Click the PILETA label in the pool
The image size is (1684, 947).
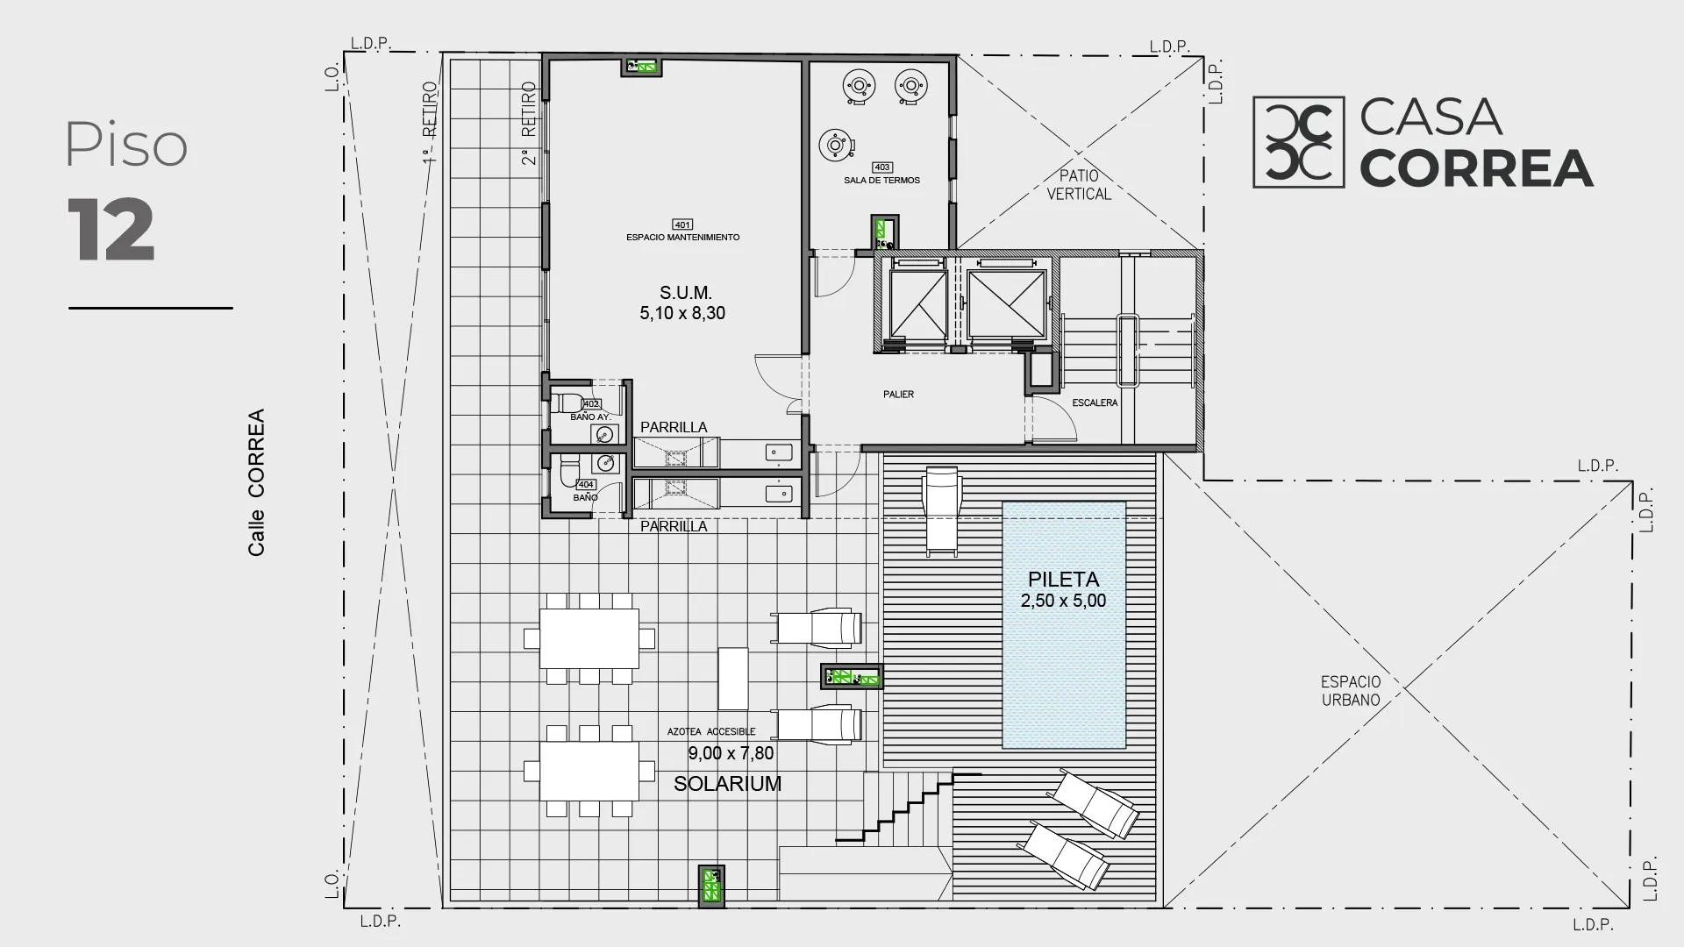coord(1063,580)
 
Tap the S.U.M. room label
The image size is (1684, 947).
coord(686,293)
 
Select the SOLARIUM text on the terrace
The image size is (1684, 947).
coord(727,784)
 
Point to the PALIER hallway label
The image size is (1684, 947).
coord(898,395)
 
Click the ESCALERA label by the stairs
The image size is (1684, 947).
coord(1095,403)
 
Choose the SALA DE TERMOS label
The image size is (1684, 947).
coord(881,181)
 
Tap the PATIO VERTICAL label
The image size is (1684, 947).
coord(1079,185)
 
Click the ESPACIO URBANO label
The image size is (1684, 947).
coord(1351,691)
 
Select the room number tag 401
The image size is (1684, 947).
coord(682,224)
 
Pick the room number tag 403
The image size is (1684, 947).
coord(882,167)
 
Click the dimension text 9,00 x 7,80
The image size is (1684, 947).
coord(731,753)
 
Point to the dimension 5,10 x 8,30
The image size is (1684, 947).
coord(682,314)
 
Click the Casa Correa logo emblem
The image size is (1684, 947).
coord(1298,142)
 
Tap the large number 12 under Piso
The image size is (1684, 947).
coord(111,230)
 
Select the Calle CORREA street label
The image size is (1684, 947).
coord(256,482)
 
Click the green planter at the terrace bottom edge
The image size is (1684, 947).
coord(711,886)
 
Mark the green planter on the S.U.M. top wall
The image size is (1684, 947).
coord(641,66)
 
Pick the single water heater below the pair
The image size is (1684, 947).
coord(835,145)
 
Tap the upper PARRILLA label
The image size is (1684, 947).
coord(674,427)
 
